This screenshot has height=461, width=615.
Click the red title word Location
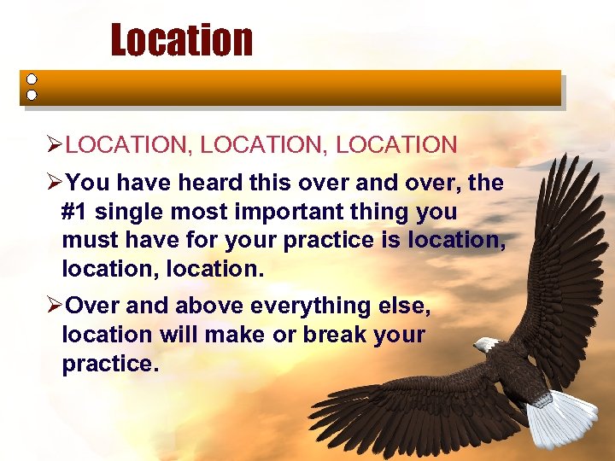click(181, 40)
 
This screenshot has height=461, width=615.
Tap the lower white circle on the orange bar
click(32, 95)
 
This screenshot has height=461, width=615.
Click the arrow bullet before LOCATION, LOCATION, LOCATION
click(55, 145)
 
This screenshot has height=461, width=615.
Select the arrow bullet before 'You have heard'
click(55, 184)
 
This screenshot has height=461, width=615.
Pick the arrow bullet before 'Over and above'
click(55, 306)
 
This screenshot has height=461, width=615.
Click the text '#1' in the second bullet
click(75, 212)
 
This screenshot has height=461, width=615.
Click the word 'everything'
click(299, 306)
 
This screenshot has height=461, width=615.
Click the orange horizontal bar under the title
click(299, 87)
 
